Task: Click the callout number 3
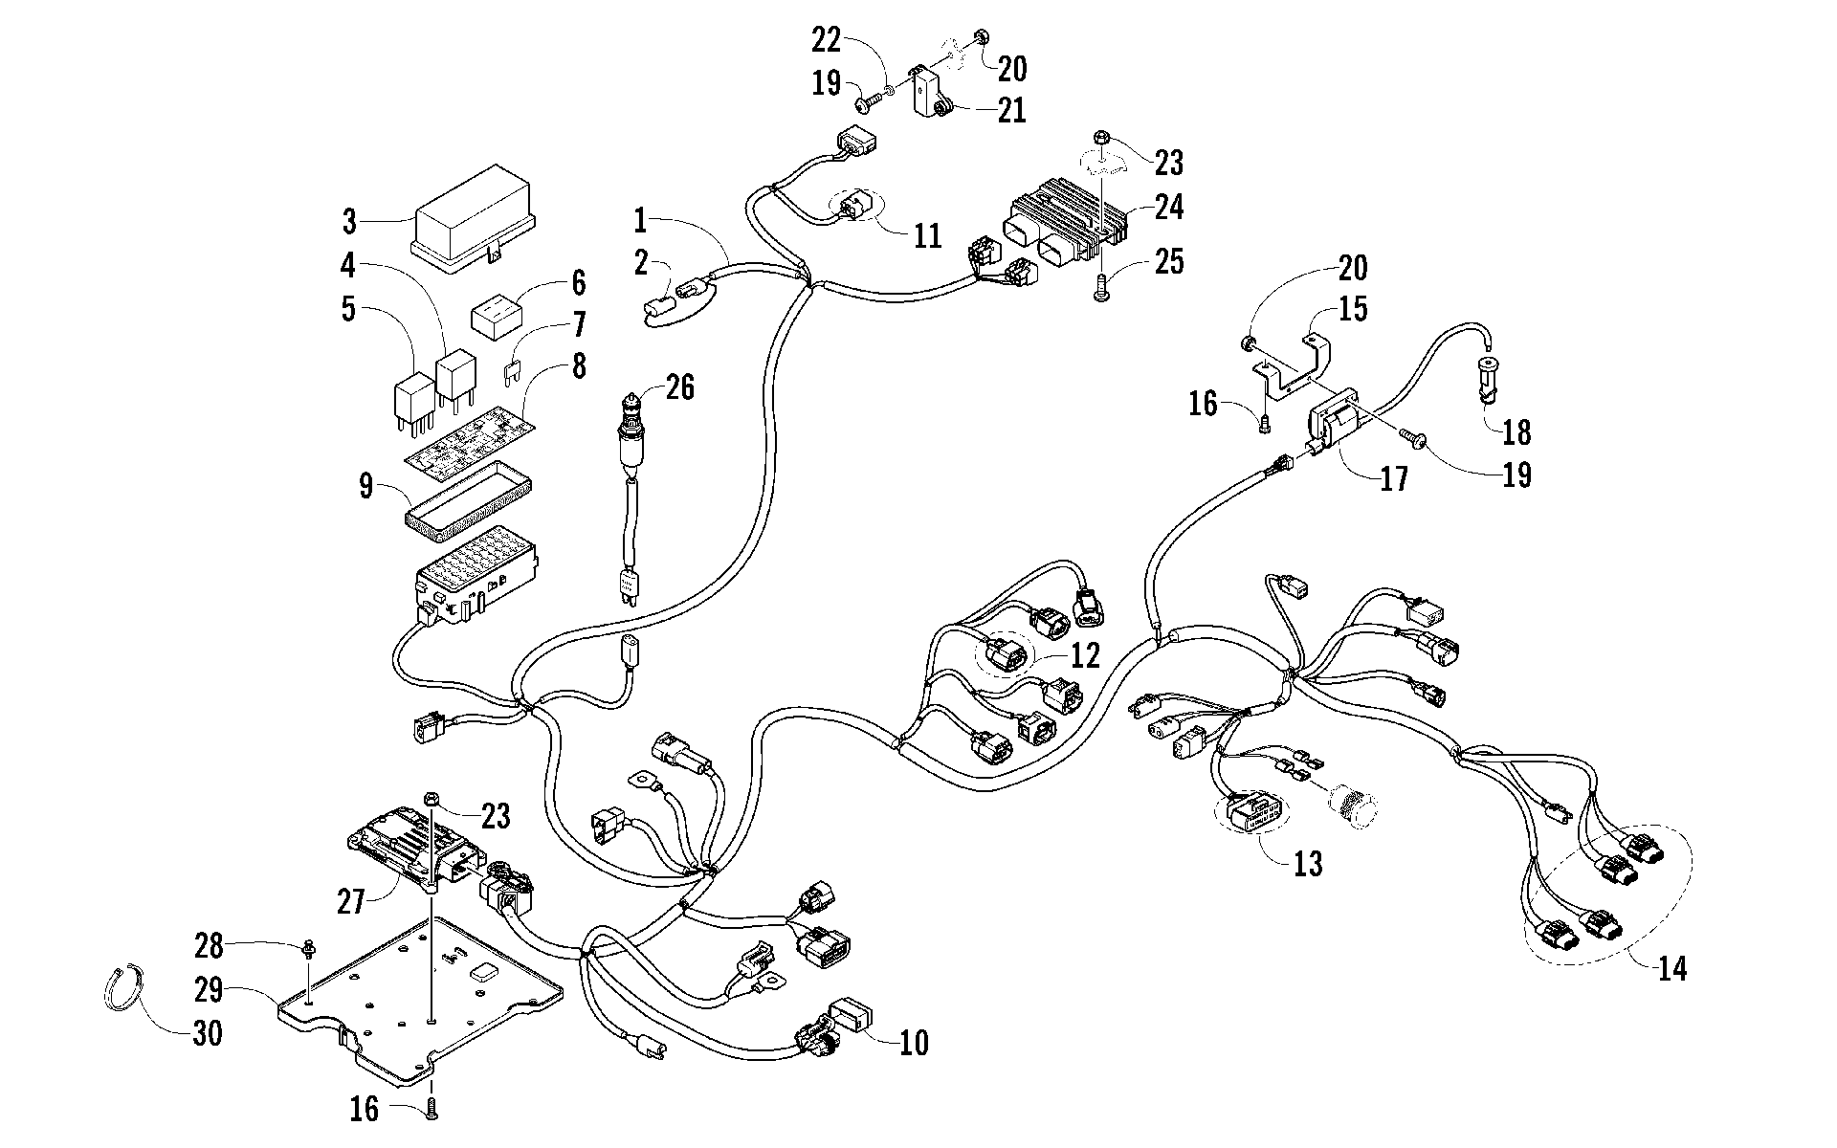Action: [x=350, y=222]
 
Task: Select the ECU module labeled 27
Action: [x=413, y=842]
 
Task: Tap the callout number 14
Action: [x=1671, y=967]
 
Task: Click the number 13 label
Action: [x=1307, y=864]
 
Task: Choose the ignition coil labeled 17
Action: [x=1339, y=425]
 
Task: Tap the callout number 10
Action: [x=914, y=1042]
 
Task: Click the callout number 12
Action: [x=1084, y=655]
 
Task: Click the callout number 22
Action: [x=827, y=40]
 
